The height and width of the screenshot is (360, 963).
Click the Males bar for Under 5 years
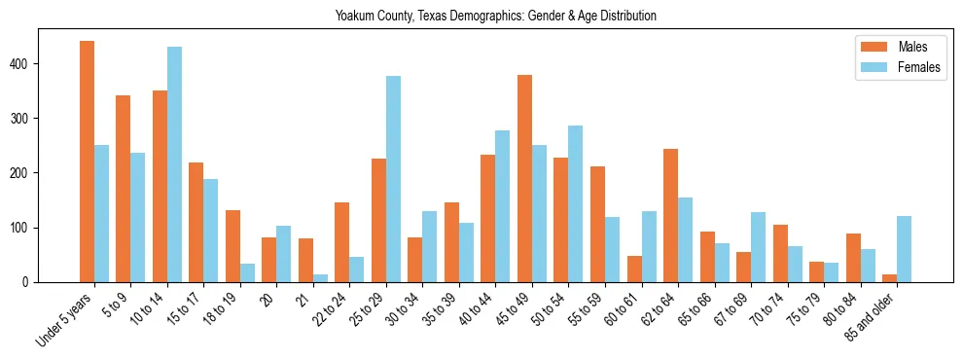coord(88,162)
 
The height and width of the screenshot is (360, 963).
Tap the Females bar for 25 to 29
coord(394,179)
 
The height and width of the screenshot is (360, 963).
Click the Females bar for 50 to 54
coord(576,203)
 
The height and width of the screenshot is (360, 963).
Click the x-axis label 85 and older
coord(872,314)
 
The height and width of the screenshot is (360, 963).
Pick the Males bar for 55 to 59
coord(598,225)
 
